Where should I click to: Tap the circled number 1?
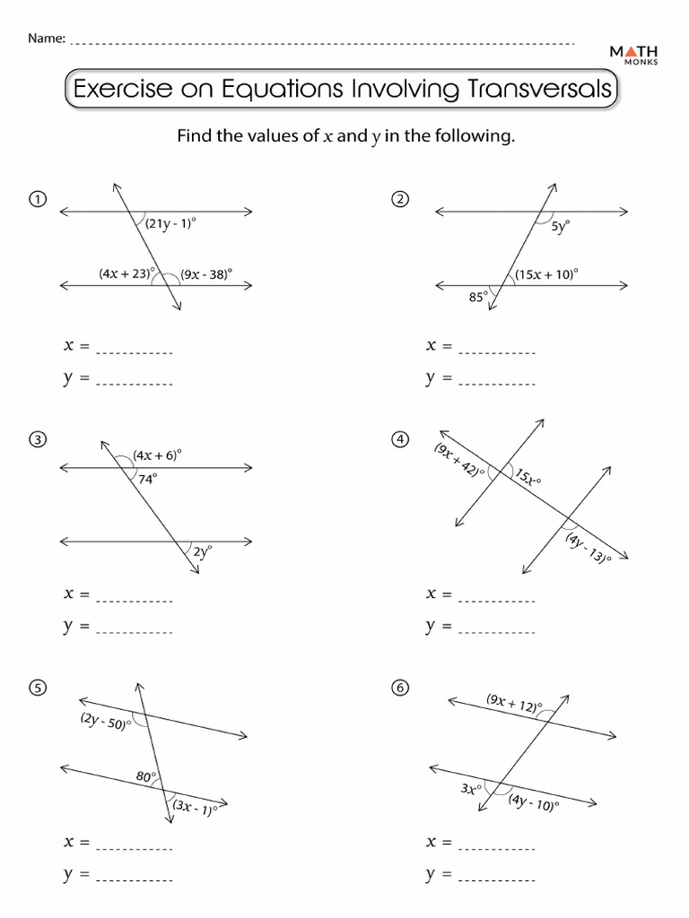(x=37, y=199)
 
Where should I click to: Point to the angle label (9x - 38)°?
(x=205, y=274)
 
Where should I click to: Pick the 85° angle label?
(x=478, y=297)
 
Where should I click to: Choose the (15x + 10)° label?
(x=547, y=274)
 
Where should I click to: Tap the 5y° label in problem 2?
(x=560, y=228)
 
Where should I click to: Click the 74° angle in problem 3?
(x=148, y=479)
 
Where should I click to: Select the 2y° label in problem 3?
(x=203, y=552)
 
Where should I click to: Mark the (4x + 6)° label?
(x=157, y=455)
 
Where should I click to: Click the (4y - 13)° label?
(x=588, y=548)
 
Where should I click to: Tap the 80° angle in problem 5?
(x=146, y=777)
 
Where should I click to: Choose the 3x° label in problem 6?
(x=471, y=789)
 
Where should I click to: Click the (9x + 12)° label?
(x=514, y=705)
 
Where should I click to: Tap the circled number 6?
(x=400, y=688)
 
